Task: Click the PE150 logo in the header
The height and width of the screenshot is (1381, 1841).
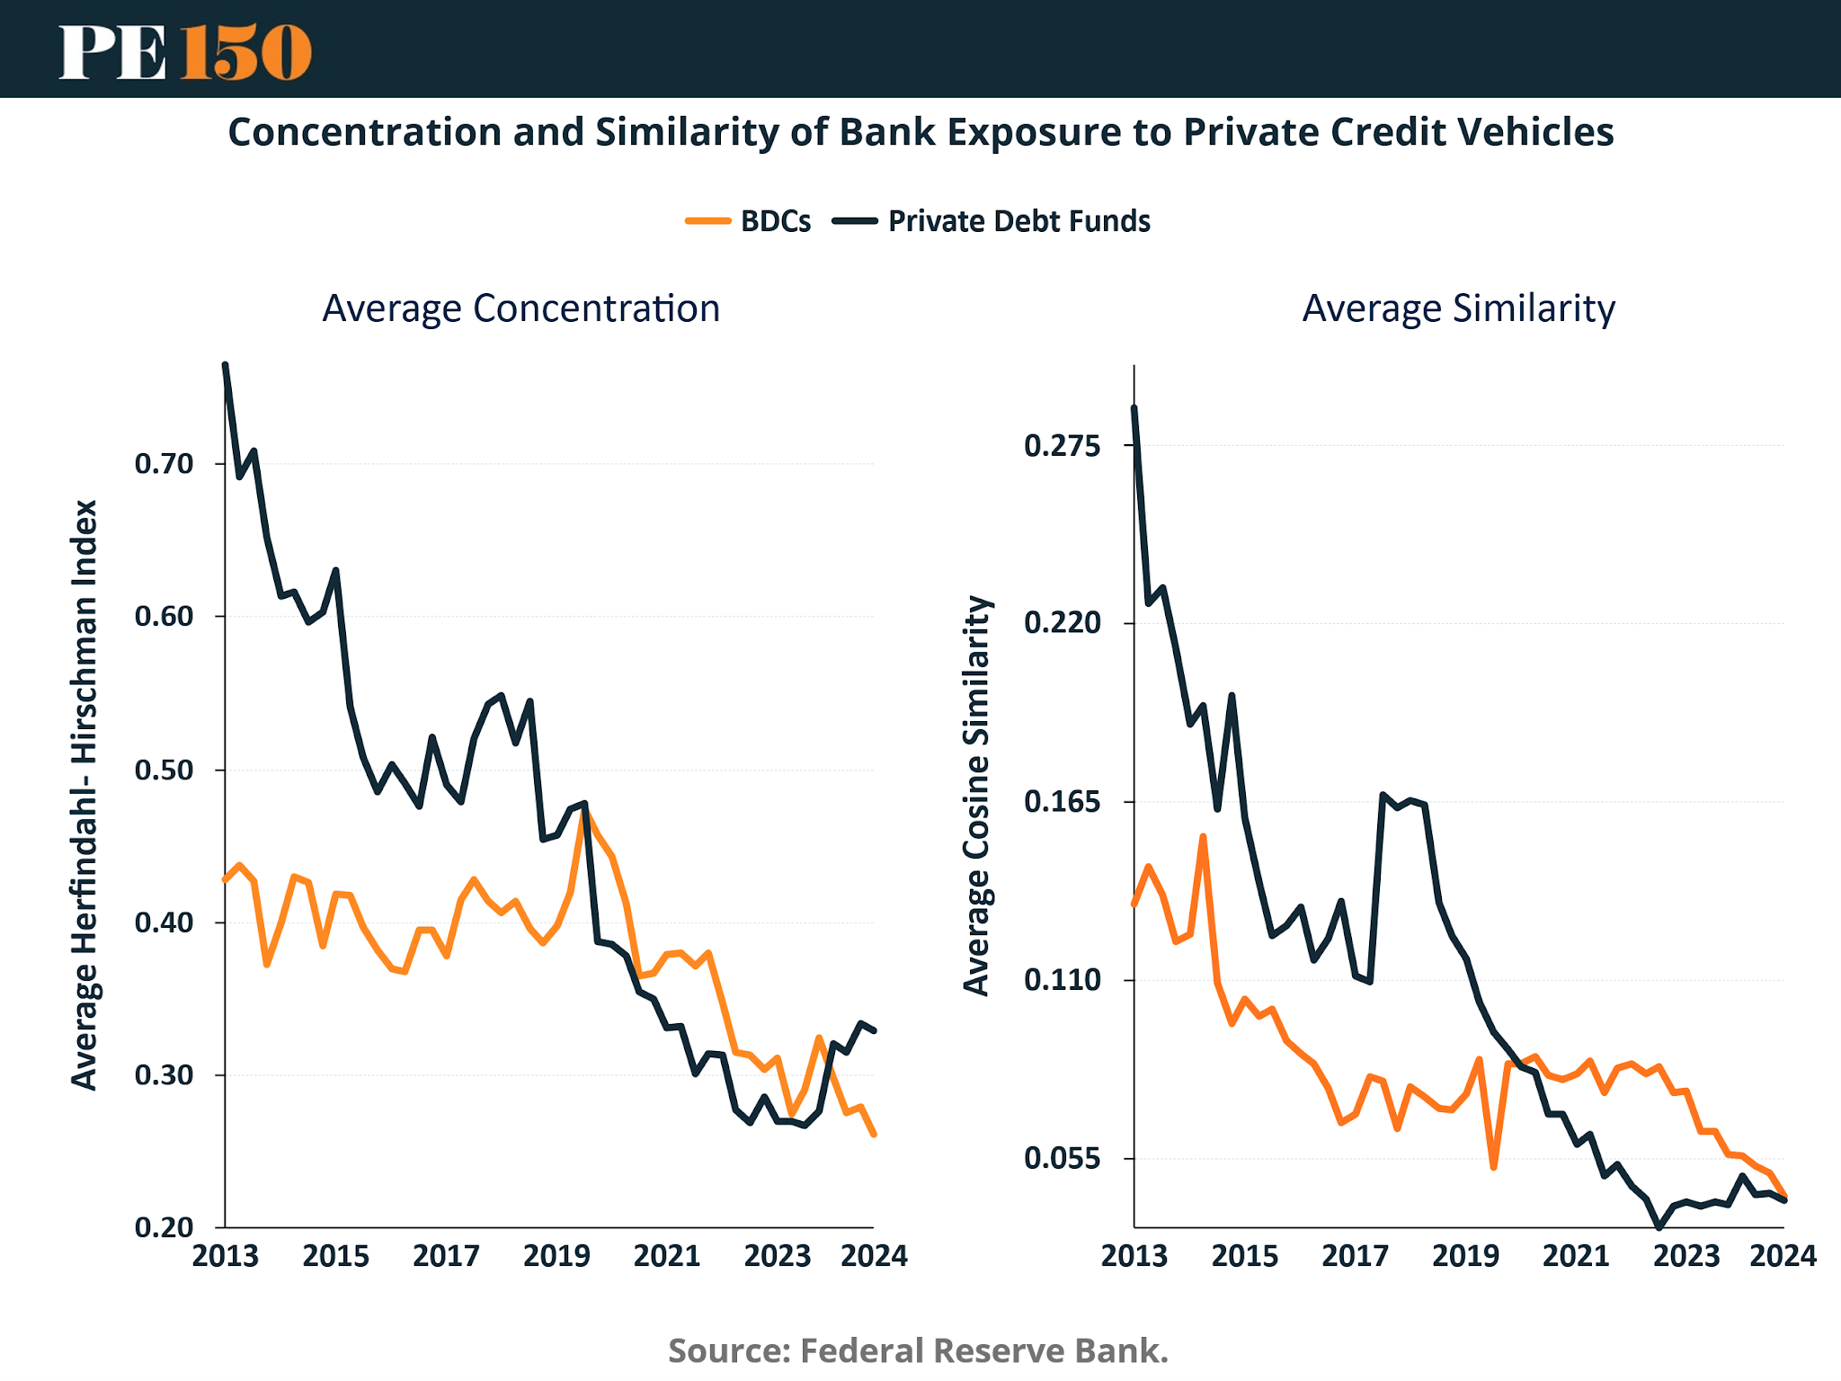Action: [x=185, y=51]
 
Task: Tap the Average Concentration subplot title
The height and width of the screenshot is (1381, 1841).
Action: [x=521, y=308]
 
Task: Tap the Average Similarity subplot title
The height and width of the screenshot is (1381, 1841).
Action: [x=1458, y=308]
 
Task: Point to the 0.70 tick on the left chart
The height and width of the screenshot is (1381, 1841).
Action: [x=165, y=464]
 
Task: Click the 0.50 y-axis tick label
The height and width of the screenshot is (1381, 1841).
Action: [x=165, y=771]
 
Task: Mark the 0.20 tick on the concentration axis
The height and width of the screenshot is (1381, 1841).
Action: [x=165, y=1227]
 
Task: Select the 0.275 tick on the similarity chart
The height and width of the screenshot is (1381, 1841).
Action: [x=1062, y=445]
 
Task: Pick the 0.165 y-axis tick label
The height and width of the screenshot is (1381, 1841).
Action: [x=1062, y=801]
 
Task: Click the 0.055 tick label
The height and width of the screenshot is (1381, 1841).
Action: [x=1062, y=1158]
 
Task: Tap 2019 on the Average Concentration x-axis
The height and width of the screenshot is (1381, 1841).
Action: [x=556, y=1256]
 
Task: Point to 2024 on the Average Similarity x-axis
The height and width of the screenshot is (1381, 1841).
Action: [x=1783, y=1256]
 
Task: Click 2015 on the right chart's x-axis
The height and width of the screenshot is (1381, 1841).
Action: [x=1245, y=1256]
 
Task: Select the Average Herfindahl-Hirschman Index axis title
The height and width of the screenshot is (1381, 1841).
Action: [x=84, y=796]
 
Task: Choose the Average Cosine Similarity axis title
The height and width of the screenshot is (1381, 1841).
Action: [x=976, y=796]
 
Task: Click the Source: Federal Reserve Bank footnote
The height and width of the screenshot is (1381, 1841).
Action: [x=918, y=1350]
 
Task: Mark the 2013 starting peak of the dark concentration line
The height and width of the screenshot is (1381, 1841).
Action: [x=226, y=365]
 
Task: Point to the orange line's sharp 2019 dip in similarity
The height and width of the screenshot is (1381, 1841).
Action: [x=1493, y=1167]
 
